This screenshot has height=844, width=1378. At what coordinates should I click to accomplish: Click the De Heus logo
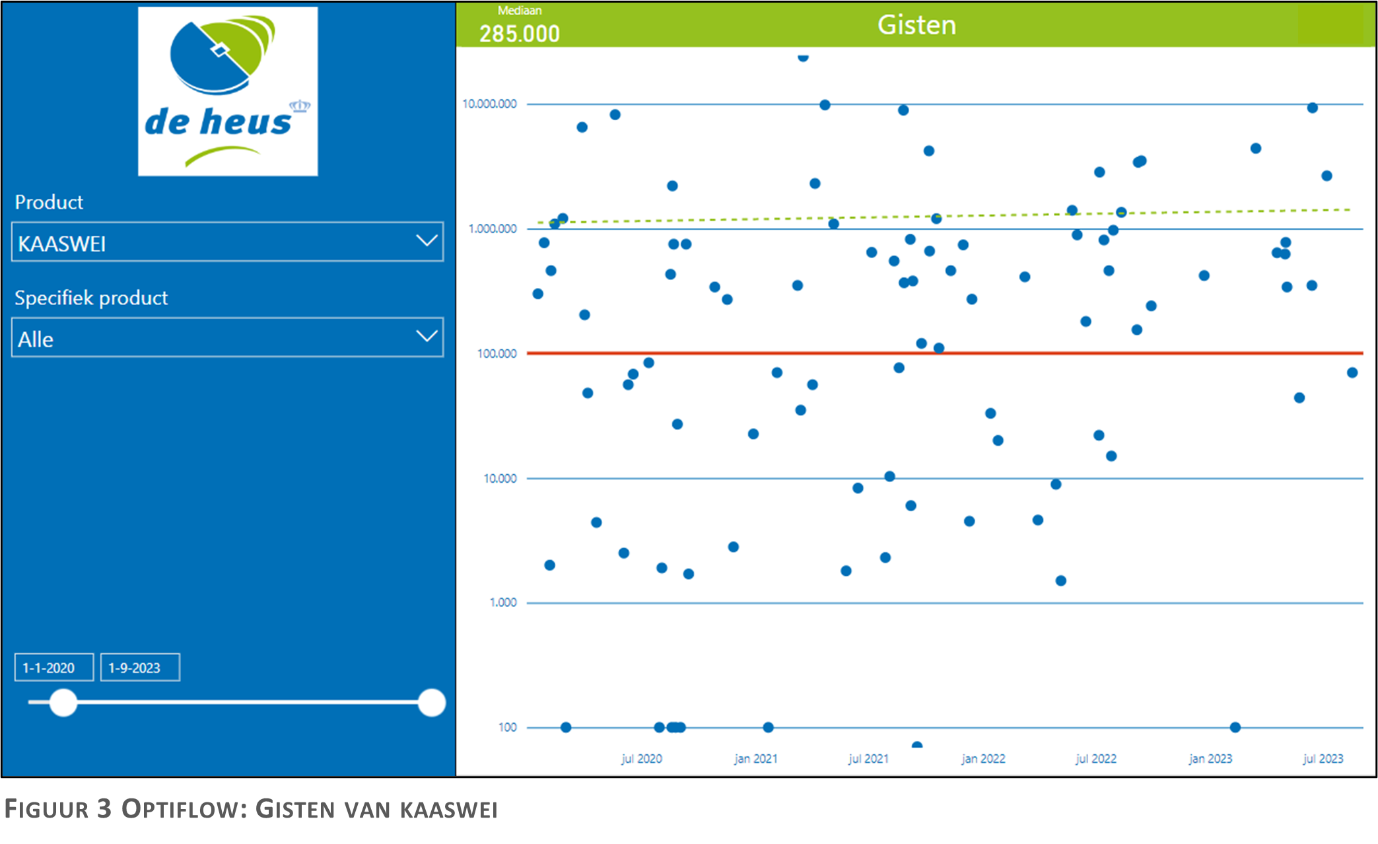(x=228, y=91)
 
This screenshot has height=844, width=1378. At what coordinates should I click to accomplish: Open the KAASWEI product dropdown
(x=227, y=242)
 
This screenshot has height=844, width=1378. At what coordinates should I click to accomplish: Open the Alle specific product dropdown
(x=227, y=337)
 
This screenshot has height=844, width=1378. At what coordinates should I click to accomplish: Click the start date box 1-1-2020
(x=54, y=668)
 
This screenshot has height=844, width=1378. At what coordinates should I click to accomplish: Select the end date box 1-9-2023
(x=140, y=668)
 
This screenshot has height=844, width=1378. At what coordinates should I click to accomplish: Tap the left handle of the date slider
(x=63, y=703)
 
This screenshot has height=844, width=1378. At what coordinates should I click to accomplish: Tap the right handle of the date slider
(x=432, y=703)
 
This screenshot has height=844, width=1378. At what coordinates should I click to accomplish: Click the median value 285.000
(x=520, y=34)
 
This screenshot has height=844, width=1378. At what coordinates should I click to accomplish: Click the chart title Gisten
(x=916, y=25)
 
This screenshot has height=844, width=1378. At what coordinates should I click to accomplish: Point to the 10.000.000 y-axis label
(x=489, y=104)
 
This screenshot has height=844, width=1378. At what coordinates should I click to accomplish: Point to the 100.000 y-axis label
(x=497, y=353)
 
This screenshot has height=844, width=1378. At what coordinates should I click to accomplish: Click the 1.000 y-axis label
(x=503, y=602)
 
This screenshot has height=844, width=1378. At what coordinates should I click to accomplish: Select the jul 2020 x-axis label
(x=642, y=759)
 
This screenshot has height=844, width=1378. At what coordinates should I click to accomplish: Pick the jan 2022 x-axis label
(x=983, y=759)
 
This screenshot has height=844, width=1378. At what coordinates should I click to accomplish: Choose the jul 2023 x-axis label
(x=1323, y=759)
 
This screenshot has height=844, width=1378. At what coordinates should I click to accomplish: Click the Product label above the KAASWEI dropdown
(x=49, y=202)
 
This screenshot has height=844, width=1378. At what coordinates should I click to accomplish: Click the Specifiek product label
(x=91, y=298)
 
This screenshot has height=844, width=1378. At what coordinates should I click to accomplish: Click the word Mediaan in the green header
(x=520, y=11)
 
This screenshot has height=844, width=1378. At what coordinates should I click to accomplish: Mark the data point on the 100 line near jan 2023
(x=1235, y=727)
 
